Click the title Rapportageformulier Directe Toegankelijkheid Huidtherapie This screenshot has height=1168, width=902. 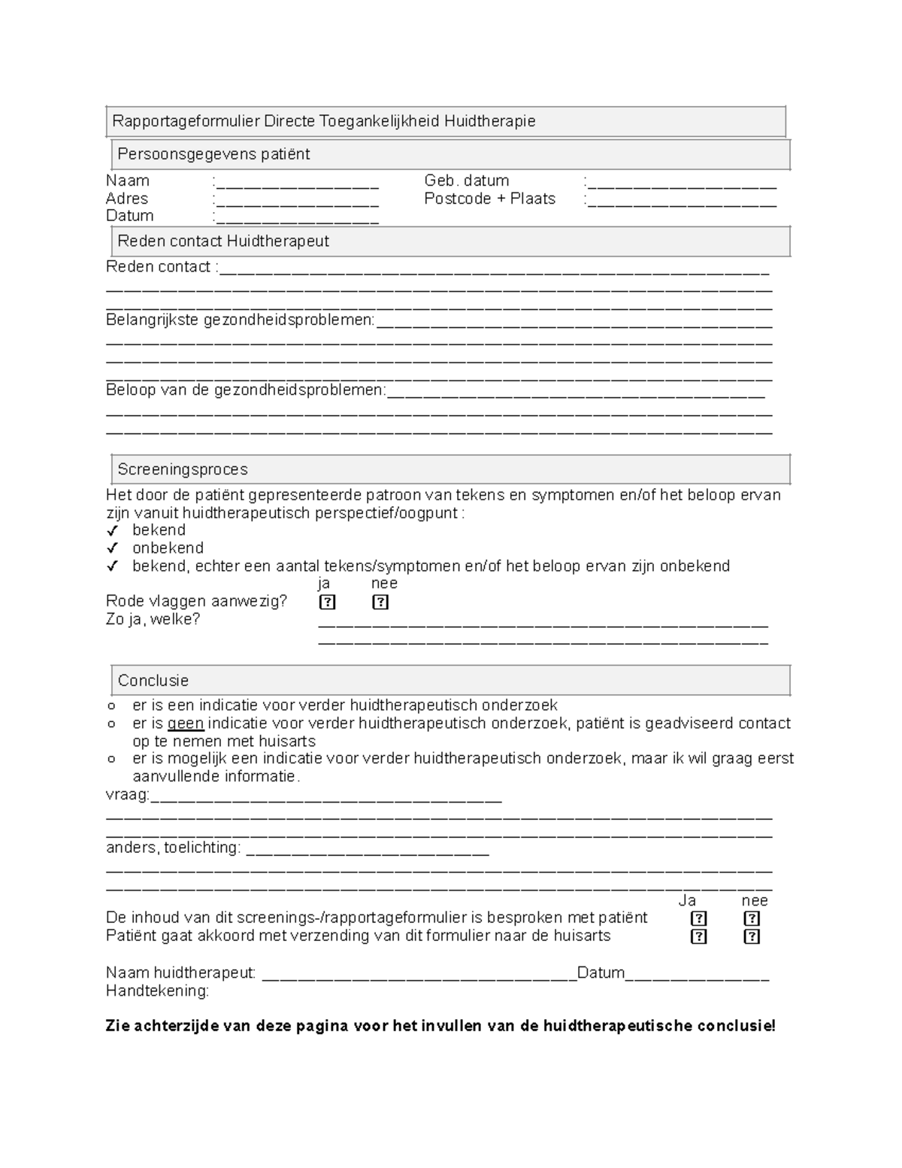click(323, 121)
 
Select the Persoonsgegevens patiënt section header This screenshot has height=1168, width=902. click(213, 154)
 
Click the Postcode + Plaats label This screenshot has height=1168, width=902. click(489, 199)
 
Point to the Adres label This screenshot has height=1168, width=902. click(127, 199)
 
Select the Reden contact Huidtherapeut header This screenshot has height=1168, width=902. click(223, 241)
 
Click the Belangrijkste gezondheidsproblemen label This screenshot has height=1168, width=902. click(240, 320)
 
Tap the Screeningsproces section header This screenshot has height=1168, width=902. click(183, 469)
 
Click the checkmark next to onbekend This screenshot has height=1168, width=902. click(113, 548)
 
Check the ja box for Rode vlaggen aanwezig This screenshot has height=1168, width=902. click(327, 602)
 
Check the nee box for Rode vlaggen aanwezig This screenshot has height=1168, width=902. click(380, 602)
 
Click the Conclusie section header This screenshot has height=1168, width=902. click(153, 681)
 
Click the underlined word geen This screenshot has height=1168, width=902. click(186, 724)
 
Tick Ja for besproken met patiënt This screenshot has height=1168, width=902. click(698, 918)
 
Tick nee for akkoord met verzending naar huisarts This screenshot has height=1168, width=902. click(752, 936)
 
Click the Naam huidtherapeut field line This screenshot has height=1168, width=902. click(418, 976)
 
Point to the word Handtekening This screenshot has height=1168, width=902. click(157, 991)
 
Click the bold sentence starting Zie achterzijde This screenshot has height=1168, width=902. click(440, 1026)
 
